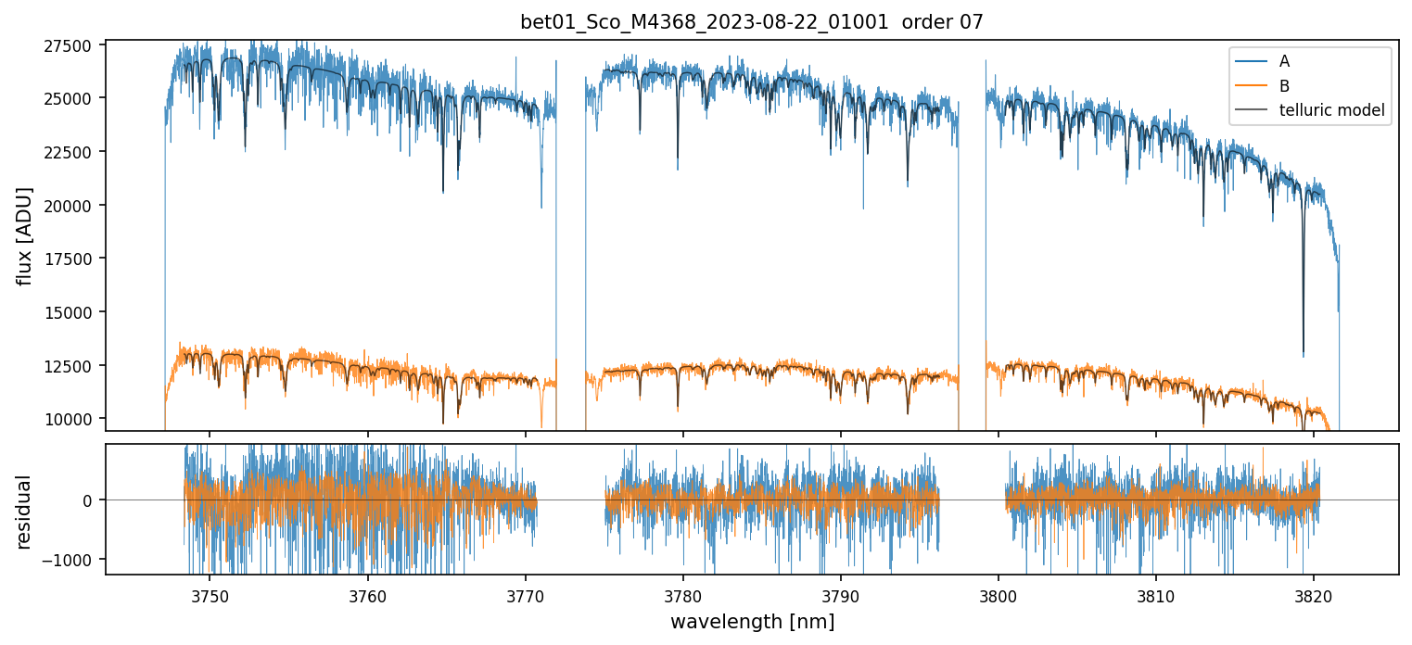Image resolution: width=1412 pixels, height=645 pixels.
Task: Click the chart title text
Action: pos(752,22)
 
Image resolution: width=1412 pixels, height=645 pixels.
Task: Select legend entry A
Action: pos(1284,62)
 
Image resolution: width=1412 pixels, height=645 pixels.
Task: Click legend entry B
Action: pos(1284,86)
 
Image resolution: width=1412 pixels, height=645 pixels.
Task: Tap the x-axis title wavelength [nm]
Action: pos(752,622)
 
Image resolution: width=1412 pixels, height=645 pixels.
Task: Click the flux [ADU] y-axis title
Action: pos(25,236)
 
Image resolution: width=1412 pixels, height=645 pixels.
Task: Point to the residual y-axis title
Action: pos(25,512)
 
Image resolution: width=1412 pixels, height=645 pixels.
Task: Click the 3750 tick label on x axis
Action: pos(210,593)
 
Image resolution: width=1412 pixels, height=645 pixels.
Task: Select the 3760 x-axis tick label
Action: pos(367,593)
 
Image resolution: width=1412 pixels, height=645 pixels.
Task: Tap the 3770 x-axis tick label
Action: pos(525,593)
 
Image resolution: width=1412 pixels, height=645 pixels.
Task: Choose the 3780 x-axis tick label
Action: pos(682,593)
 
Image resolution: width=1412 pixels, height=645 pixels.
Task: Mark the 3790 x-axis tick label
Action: pos(840,593)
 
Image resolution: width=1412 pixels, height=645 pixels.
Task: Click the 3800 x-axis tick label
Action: pos(998,593)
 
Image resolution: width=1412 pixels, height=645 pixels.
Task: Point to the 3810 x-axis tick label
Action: pos(1155,593)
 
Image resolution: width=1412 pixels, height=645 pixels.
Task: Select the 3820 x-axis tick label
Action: pos(1313,593)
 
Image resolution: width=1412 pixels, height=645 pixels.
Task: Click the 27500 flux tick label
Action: pos(68,46)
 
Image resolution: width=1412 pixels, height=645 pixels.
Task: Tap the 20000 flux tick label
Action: pos(68,206)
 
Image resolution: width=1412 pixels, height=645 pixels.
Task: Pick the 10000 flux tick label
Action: pos(68,420)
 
